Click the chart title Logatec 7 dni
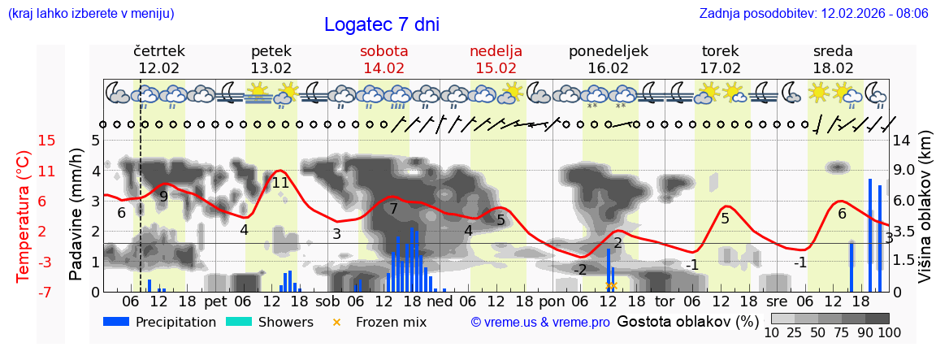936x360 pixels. click(381, 24)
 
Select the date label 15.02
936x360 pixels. click(496, 68)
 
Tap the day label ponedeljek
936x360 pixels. click(609, 51)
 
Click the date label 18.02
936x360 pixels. click(833, 68)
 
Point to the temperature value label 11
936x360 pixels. click(280, 183)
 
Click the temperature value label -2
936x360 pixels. click(579, 270)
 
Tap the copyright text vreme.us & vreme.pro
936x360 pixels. click(540, 322)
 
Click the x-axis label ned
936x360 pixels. click(440, 301)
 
